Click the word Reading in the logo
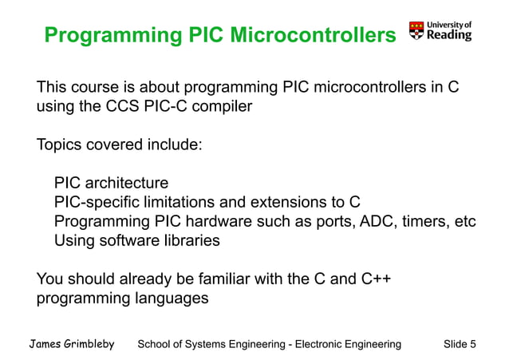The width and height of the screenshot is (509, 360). coord(449,35)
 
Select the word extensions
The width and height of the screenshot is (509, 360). coord(294,203)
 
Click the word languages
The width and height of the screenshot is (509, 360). coord(168,299)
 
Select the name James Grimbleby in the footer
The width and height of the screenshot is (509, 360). coord(72,344)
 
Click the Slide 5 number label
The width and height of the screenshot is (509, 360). coord(460,344)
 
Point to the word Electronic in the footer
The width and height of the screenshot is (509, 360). coord(325,344)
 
